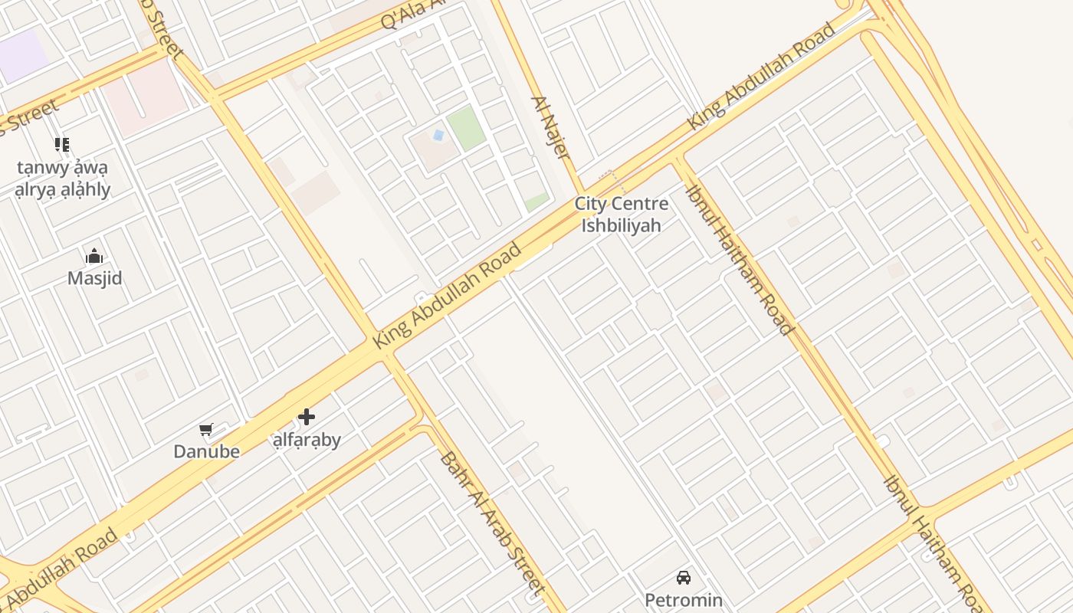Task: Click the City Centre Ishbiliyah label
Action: click(x=621, y=215)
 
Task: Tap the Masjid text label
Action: click(x=95, y=278)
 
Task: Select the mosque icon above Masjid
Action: click(x=94, y=256)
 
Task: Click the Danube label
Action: click(x=206, y=451)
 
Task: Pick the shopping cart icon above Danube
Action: click(x=205, y=430)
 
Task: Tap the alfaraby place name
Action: click(x=307, y=440)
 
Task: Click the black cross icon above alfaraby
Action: click(x=307, y=417)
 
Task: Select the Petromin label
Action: click(x=683, y=599)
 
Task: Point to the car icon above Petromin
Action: click(x=683, y=578)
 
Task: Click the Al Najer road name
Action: click(x=552, y=127)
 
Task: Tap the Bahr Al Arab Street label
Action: click(x=492, y=524)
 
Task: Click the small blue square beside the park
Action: click(x=438, y=135)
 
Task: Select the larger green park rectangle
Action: click(x=466, y=128)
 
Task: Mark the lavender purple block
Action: click(x=21, y=55)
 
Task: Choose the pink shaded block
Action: click(x=146, y=97)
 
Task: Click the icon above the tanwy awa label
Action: click(x=62, y=145)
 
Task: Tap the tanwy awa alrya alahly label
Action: click(x=63, y=179)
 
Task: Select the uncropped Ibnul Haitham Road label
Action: click(x=739, y=260)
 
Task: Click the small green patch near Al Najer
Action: click(x=536, y=202)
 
